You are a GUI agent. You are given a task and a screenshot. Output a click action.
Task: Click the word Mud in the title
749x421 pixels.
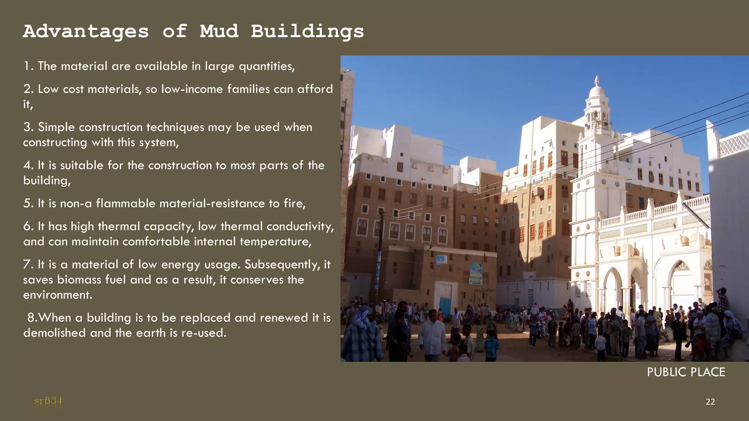pos(219,31)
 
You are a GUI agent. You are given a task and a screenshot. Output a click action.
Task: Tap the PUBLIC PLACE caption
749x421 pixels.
pos(686,372)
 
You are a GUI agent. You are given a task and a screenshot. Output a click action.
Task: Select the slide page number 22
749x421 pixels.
pos(710,402)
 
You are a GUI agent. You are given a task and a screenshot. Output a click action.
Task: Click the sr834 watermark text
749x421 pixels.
pos(48,401)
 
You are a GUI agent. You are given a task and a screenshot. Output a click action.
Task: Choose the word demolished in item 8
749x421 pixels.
pos(54,333)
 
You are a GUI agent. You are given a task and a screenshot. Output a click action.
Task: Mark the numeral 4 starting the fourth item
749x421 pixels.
pos(28,166)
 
